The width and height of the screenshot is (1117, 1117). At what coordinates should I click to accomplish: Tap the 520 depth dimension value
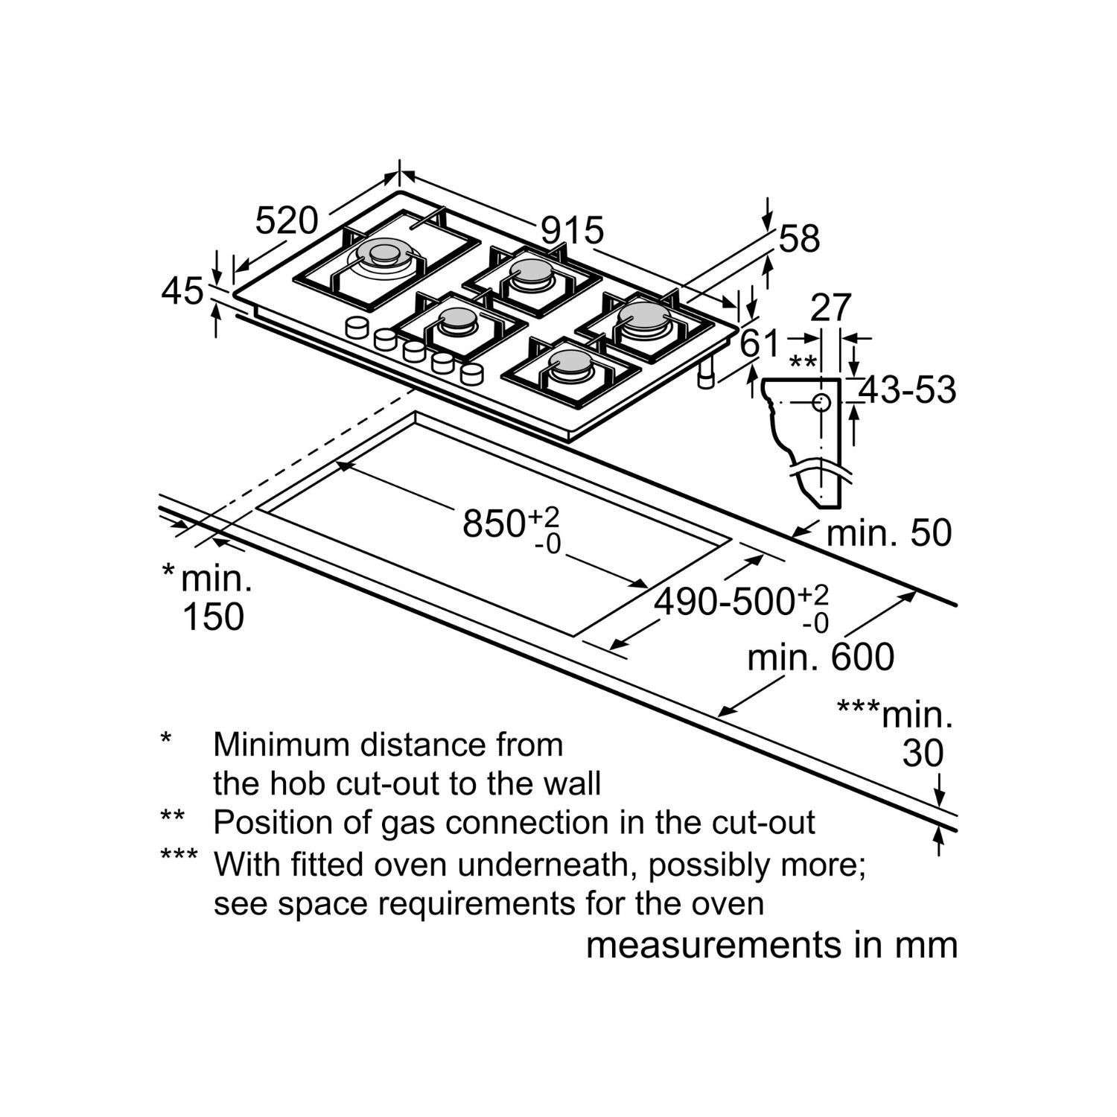(287, 220)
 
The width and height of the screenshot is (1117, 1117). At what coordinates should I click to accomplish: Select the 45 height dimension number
(182, 291)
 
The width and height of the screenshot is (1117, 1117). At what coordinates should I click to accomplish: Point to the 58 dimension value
(799, 239)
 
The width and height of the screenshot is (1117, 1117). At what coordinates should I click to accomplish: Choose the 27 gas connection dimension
(830, 308)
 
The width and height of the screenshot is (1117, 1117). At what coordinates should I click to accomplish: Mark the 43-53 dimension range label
(907, 389)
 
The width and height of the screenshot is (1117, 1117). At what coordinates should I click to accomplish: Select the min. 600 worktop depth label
(821, 658)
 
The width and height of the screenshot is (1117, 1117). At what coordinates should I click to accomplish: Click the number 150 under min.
(213, 617)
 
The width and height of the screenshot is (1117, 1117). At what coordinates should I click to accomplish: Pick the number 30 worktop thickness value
(923, 754)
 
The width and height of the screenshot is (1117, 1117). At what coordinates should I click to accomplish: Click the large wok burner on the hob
(383, 255)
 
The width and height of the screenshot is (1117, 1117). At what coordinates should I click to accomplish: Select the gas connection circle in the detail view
(821, 403)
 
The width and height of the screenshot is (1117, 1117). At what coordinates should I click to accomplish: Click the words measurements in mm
(771, 944)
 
